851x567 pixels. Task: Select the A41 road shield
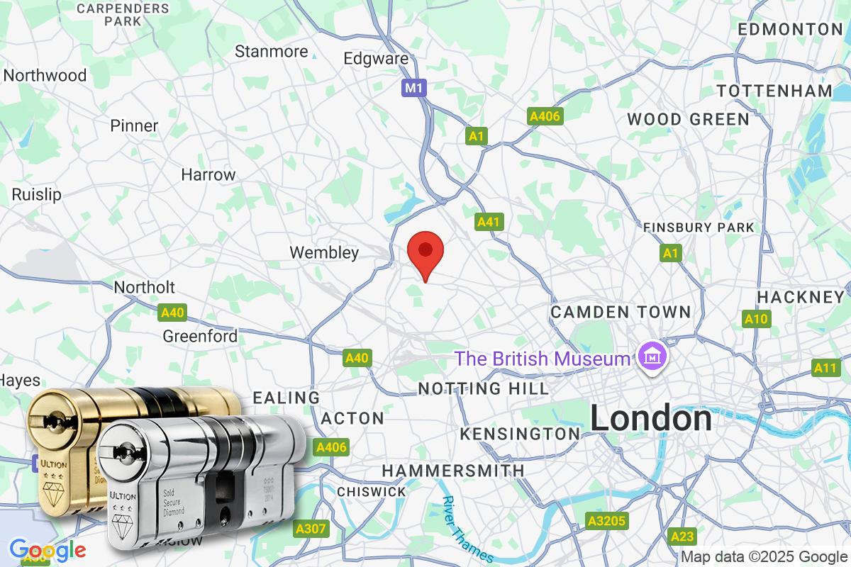coord(489,222)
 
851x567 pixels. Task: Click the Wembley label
coord(324,252)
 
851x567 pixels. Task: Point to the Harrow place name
coord(208,174)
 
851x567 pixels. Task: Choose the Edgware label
coord(376,59)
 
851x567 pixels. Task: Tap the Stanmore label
coord(271,51)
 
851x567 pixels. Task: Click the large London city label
coord(651,419)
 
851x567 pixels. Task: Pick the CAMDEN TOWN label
coord(621,312)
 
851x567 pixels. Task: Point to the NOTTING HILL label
coord(483,388)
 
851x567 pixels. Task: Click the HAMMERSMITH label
coord(453,471)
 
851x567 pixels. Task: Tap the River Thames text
coord(466,528)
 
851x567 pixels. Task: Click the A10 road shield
coord(756,319)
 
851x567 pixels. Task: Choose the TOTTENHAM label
coord(774,91)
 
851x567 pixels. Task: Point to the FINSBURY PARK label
coord(699,228)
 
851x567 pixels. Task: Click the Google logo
coord(48,550)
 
